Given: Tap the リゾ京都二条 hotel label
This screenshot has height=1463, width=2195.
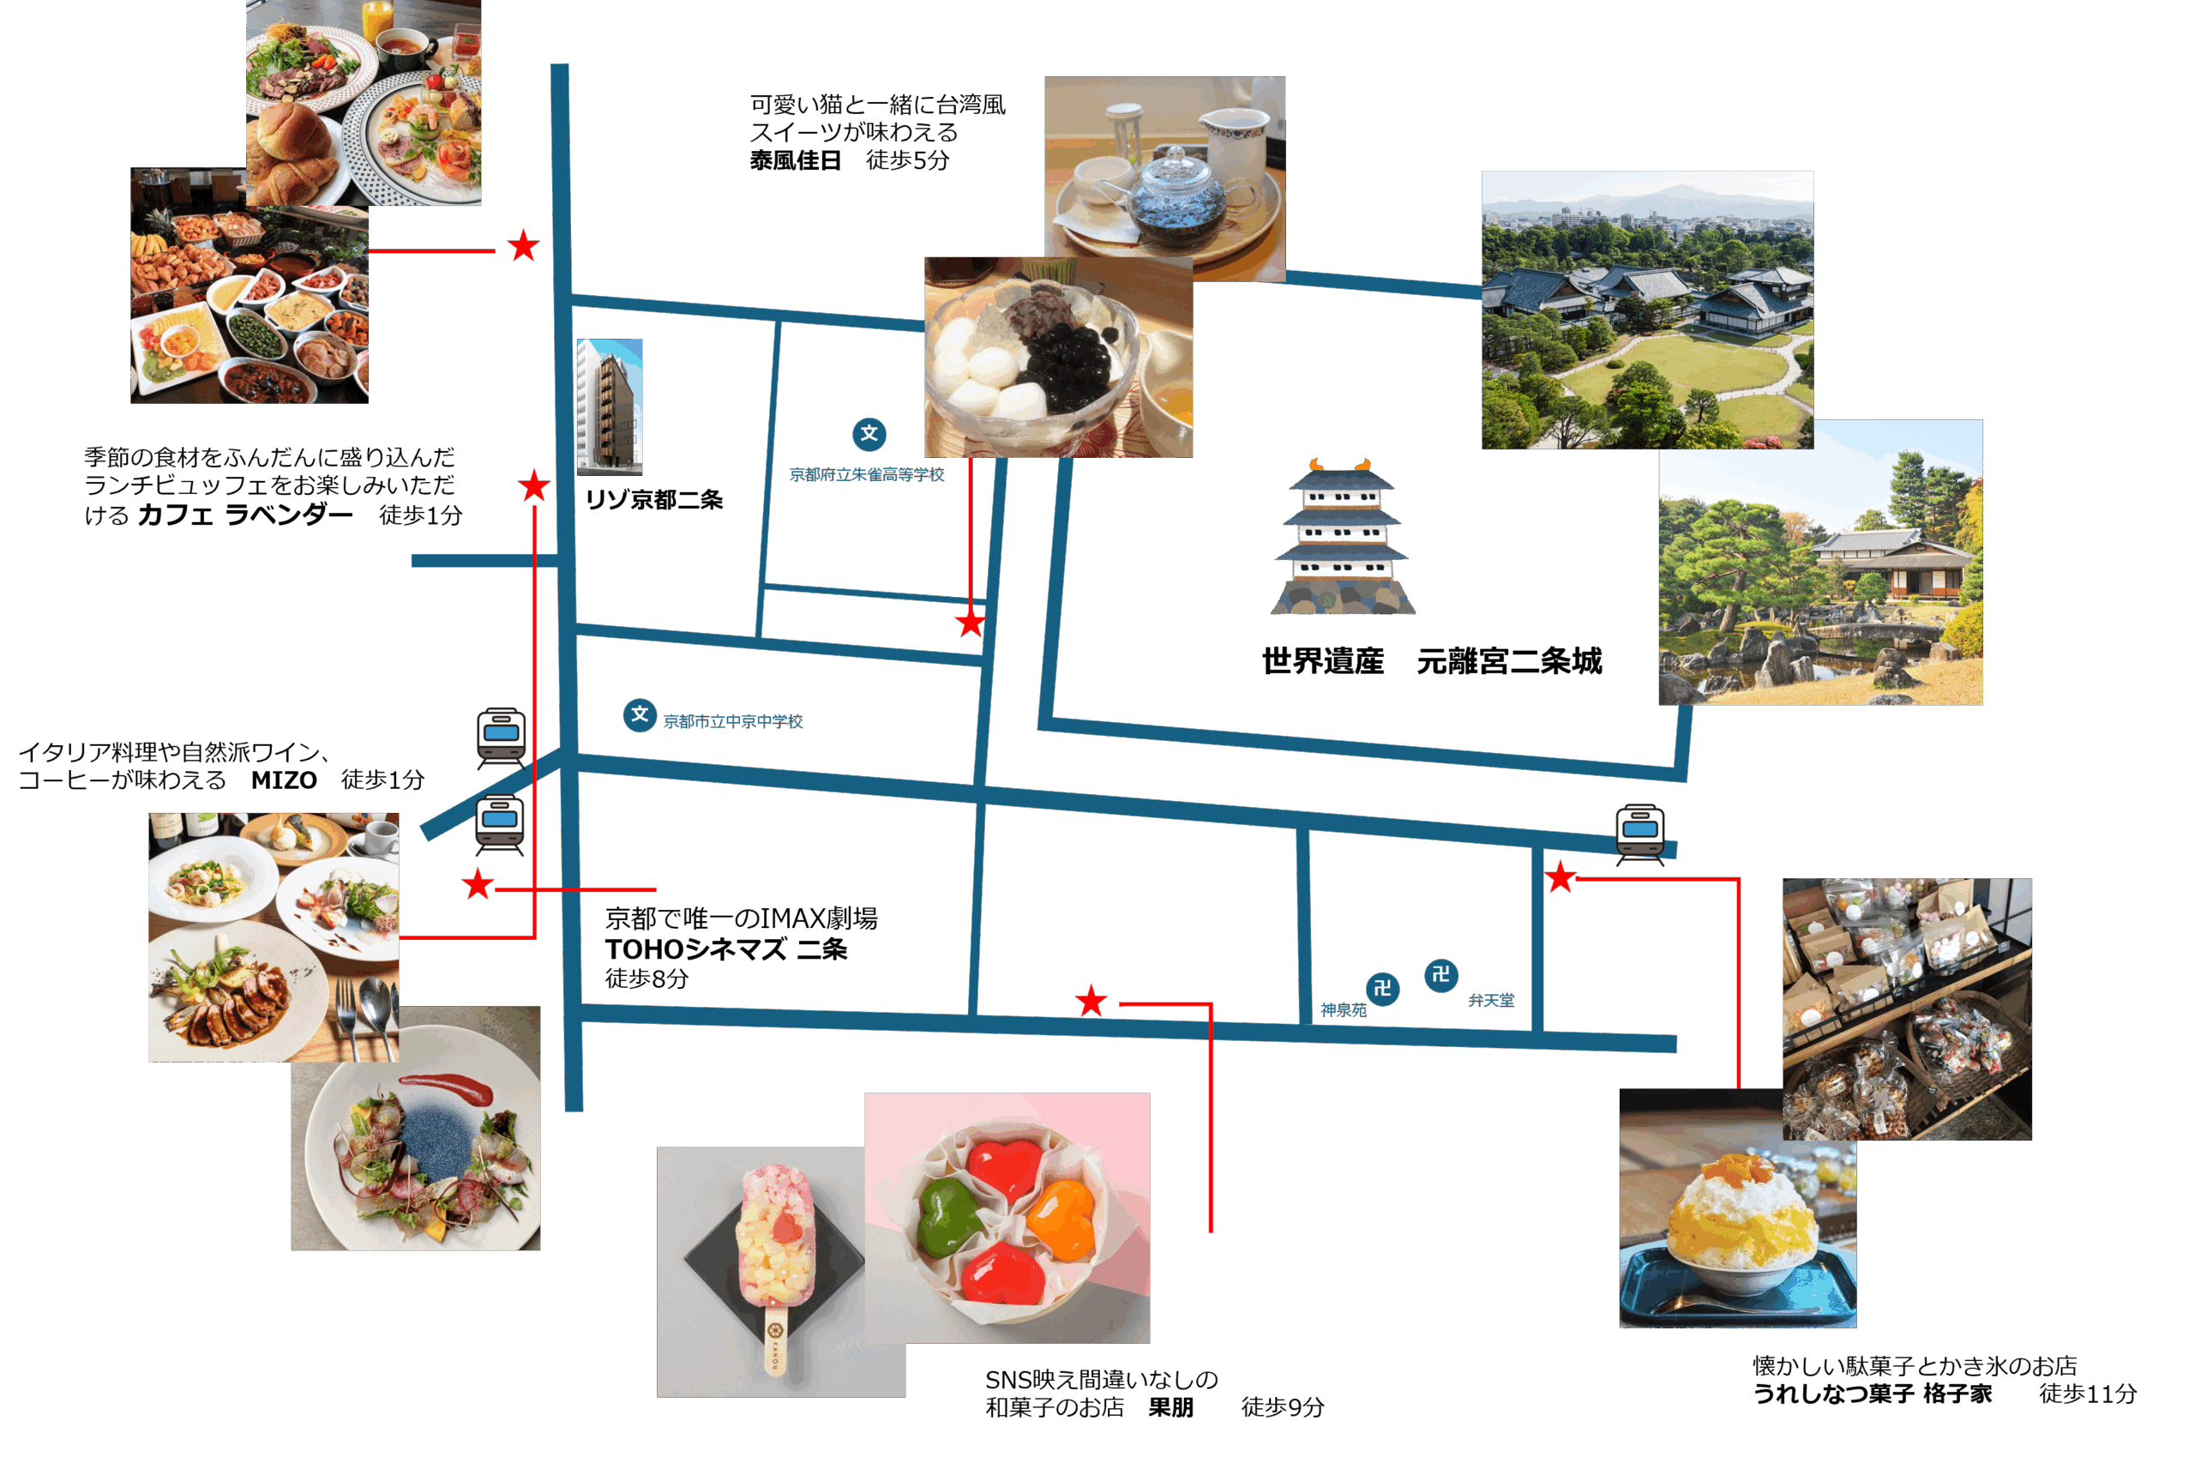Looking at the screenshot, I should coord(654,500).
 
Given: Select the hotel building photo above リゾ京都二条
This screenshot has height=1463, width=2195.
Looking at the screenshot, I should coord(609,406).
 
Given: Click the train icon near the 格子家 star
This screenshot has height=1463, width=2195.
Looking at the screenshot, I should coord(1640,831).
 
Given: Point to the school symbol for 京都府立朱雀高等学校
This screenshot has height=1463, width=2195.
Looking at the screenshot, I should coord(869,434).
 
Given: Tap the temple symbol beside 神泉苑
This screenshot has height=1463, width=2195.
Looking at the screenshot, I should coord(1382,987).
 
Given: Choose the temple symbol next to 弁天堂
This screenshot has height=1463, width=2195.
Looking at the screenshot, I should coord(1441,975).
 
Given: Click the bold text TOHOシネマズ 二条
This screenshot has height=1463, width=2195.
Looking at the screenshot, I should coord(725,949).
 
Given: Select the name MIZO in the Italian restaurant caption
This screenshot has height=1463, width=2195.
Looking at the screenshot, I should coord(284,780).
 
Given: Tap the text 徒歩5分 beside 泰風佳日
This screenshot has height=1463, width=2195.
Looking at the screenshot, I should coord(907,160).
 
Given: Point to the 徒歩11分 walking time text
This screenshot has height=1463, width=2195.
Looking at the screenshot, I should coord(2087,1393).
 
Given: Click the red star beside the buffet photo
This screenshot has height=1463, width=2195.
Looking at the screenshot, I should coord(523,246).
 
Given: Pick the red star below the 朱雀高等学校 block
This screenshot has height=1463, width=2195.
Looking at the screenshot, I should coord(970,623).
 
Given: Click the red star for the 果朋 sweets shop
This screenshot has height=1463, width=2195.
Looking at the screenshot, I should coord(1091,1002).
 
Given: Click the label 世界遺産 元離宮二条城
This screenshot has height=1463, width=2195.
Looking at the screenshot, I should coord(1432,661).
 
